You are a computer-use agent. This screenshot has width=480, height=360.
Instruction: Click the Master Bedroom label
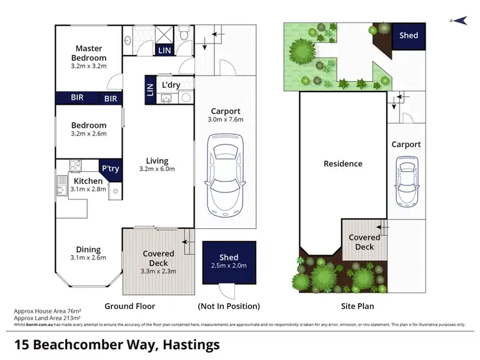click(x=89, y=52)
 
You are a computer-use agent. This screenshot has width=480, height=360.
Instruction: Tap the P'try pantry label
click(x=110, y=168)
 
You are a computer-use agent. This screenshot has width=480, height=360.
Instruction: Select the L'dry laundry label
click(x=170, y=85)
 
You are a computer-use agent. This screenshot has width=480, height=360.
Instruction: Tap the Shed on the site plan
click(x=408, y=35)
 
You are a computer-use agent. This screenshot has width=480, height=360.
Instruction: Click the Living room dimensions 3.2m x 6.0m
click(x=157, y=169)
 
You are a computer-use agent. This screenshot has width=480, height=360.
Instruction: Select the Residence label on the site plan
click(x=342, y=164)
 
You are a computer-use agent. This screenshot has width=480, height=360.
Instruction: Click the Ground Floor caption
click(x=129, y=306)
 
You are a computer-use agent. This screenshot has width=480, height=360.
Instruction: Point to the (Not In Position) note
click(x=229, y=306)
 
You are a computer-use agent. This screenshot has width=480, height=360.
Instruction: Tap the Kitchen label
click(x=88, y=181)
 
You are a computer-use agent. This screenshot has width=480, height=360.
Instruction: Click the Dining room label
click(x=88, y=249)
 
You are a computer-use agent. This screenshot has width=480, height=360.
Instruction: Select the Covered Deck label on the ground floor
click(x=158, y=258)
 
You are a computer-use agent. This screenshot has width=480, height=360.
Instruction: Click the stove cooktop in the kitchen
click(x=76, y=165)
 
